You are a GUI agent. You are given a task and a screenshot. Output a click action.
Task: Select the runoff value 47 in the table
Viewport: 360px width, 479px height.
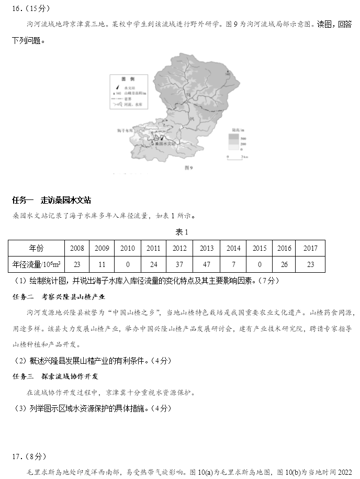click(x=206, y=264)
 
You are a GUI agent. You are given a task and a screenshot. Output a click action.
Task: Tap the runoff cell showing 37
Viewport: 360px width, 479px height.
click(x=179, y=264)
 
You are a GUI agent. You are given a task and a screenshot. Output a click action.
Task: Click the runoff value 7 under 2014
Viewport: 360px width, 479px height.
click(x=233, y=264)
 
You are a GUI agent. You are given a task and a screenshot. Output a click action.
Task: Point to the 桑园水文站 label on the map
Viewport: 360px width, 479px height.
click(x=160, y=142)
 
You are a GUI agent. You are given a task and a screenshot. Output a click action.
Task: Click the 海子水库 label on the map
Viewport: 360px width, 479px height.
click(x=126, y=128)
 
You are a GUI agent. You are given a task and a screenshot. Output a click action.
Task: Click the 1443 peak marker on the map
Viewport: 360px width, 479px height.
click(x=227, y=73)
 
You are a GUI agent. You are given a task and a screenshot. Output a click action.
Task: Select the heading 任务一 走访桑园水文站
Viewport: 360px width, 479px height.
click(x=51, y=200)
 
